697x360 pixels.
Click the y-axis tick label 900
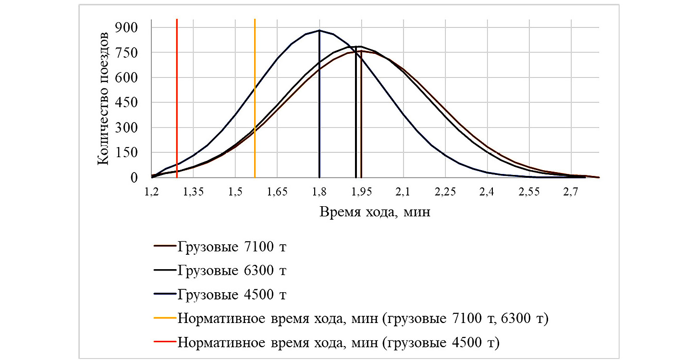[127, 27]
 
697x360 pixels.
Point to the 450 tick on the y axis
[127, 102]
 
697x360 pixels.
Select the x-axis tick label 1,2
[152, 192]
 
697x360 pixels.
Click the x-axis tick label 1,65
[277, 192]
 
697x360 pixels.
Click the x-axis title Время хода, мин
[375, 212]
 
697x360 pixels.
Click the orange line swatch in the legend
[164, 319]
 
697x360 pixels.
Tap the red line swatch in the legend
[164, 343]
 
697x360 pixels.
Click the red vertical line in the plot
[177, 96]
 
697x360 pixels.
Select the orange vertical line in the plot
[255, 96]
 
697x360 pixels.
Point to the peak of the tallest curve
[319, 30]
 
